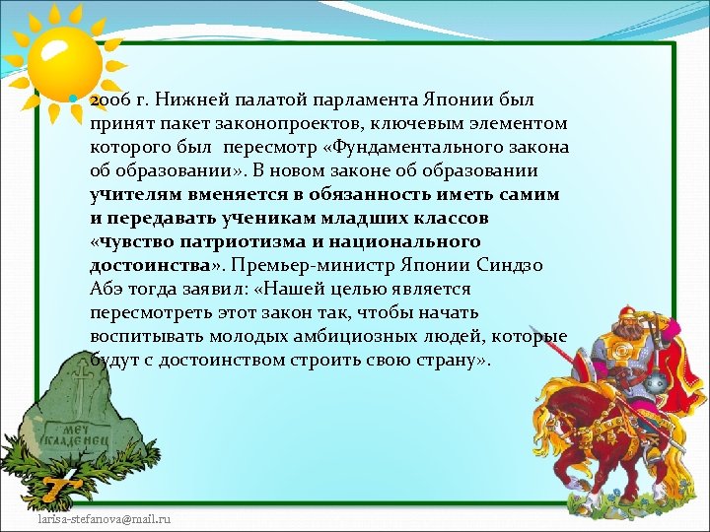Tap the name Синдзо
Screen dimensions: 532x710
[507, 265]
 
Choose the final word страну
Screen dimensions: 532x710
[443, 360]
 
